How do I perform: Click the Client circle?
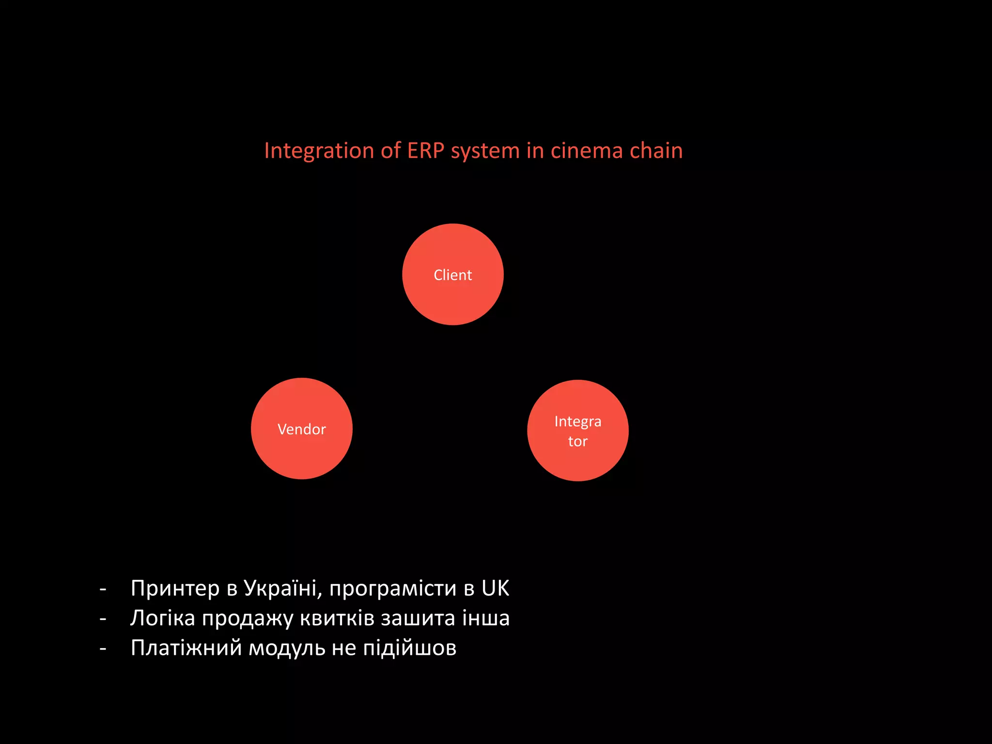click(453, 275)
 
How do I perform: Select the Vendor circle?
click(302, 429)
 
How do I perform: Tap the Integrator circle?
click(578, 431)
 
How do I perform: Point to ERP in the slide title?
click(425, 151)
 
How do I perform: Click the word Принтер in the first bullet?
click(175, 589)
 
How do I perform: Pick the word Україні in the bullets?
click(282, 589)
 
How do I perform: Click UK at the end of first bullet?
click(495, 589)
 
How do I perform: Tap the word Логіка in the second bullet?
click(163, 619)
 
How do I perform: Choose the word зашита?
click(418, 619)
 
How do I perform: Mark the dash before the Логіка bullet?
click(103, 619)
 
